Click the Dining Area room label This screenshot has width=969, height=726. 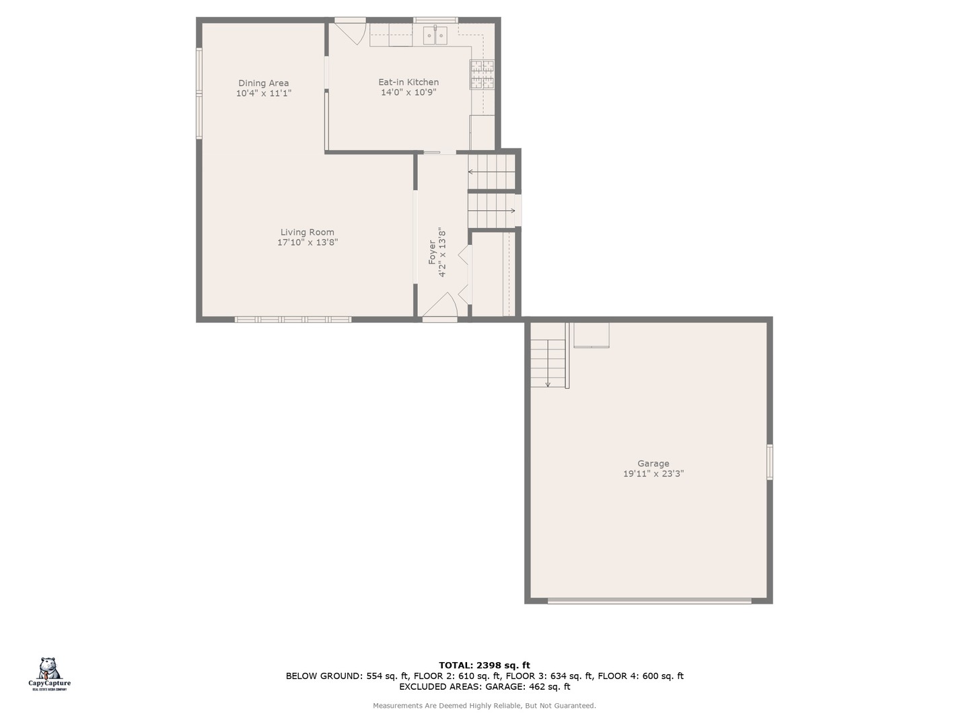[263, 83]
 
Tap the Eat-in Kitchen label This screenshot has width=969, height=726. [408, 82]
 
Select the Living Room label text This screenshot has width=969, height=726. [308, 233]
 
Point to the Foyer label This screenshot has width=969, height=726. [432, 253]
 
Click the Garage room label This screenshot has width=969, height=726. [653, 463]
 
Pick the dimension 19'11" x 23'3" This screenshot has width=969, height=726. [653, 474]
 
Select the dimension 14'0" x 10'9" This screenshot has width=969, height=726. [408, 93]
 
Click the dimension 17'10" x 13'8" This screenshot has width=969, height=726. [308, 243]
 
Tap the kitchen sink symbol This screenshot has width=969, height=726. [435, 35]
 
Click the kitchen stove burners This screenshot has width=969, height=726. [482, 74]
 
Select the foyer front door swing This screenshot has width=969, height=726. [440, 305]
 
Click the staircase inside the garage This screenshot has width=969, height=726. [548, 364]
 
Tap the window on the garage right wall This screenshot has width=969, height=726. [770, 461]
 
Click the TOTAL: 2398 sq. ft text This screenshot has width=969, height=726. [485, 665]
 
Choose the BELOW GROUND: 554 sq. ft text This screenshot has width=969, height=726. [347, 676]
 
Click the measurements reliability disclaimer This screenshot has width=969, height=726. [485, 706]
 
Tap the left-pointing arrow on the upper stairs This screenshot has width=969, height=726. [470, 172]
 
